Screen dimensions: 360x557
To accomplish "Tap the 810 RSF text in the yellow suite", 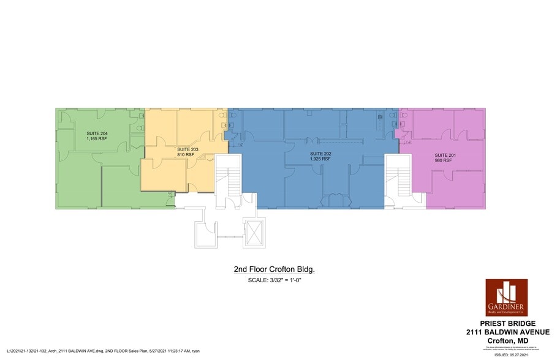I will pos(186,155).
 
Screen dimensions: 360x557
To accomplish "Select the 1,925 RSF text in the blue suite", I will pos(320,159).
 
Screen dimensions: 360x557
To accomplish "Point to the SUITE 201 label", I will pos(445,156).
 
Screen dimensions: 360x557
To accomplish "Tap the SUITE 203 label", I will pos(188,149).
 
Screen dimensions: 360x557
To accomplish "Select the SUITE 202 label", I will pos(320,153).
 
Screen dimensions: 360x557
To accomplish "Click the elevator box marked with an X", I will pos(252,232).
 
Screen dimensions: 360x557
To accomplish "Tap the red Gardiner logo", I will pos(506,298).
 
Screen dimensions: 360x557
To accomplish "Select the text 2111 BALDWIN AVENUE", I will pos(507,332).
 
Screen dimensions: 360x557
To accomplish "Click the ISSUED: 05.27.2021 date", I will pos(515,353).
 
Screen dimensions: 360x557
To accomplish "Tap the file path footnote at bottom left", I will pos(102,351).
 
